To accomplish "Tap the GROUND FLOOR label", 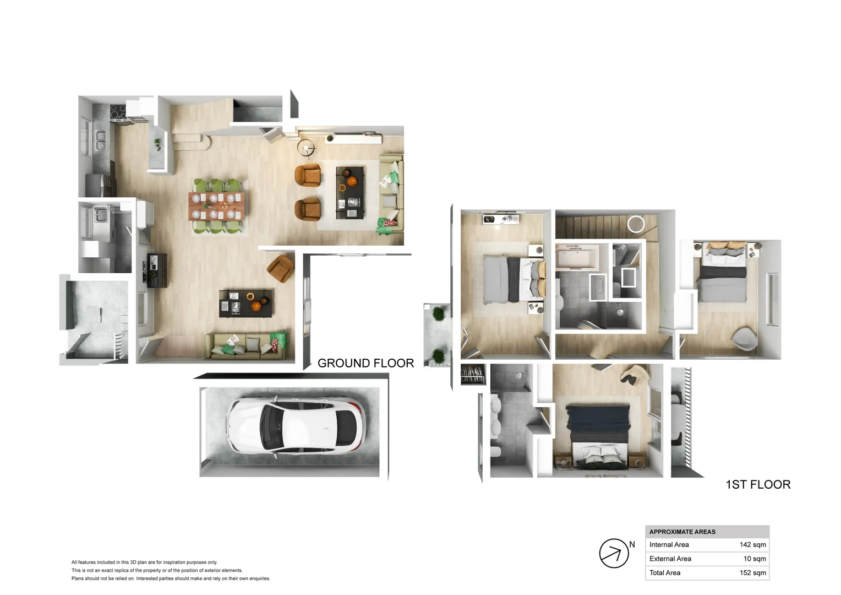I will (365, 363).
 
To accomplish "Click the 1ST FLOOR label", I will (758, 484).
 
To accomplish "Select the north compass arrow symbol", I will (614, 553).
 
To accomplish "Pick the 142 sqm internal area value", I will (752, 544).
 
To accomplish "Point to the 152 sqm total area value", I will (752, 572).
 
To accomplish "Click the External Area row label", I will (670, 559).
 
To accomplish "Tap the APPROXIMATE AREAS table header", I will (682, 532).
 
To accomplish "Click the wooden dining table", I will (218, 205).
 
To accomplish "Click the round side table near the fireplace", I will (306, 147).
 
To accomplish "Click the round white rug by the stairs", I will (636, 224).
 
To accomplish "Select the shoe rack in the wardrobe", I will (473, 374).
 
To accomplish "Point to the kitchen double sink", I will (101, 140).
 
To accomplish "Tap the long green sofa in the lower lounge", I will (247, 345).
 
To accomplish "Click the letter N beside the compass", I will (632, 544).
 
